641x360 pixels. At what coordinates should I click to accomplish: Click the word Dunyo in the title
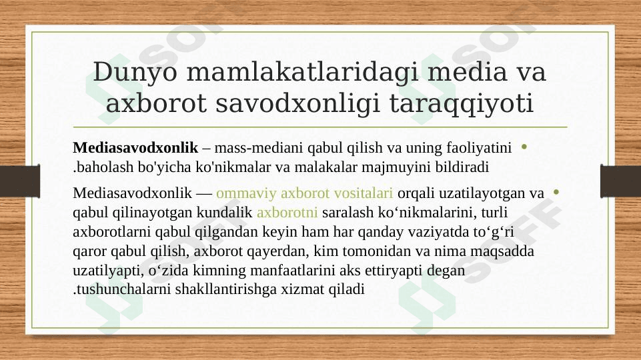click(135, 71)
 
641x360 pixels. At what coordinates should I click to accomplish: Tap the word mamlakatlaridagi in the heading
click(303, 71)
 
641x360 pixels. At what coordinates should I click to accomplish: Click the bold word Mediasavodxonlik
click(135, 147)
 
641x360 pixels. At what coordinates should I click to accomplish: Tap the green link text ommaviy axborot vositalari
click(305, 193)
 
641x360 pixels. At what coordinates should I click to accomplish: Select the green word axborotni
click(287, 212)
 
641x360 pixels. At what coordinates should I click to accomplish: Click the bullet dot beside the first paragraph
click(524, 147)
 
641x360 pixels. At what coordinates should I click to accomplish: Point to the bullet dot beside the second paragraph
click(556, 191)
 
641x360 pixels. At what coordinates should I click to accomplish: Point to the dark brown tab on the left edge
click(20, 181)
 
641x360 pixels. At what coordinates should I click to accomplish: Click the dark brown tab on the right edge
click(620, 181)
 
